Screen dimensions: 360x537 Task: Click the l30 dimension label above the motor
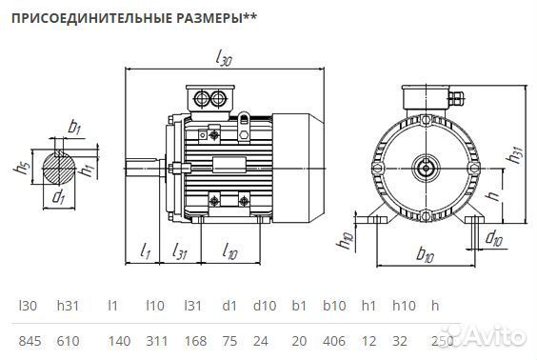[226, 60]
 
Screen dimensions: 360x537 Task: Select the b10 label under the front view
[425, 256]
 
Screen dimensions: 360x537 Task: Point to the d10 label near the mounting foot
[494, 238]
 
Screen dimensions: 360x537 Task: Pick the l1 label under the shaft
[146, 251]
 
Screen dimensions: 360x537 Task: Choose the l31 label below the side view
[180, 251]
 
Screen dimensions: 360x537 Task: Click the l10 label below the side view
[229, 251]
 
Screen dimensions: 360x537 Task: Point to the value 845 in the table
[32, 340]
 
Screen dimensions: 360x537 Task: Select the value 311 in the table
[156, 340]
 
